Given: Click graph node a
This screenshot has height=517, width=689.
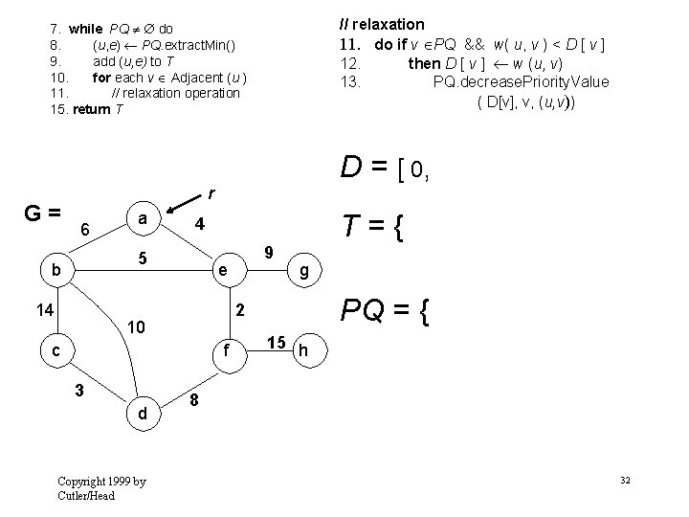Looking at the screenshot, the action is (142, 219).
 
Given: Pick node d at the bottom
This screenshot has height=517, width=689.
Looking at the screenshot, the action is (142, 415).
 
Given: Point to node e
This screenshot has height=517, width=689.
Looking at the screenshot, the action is (222, 270).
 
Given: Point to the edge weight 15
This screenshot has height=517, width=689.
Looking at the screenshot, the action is (277, 342).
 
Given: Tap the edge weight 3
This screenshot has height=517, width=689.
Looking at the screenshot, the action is (82, 390).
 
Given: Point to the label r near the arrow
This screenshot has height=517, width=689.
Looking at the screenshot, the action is (211, 193).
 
